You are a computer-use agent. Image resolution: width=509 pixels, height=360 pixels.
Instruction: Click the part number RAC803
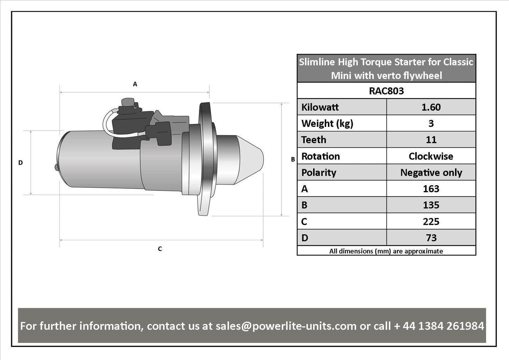(x=386, y=91)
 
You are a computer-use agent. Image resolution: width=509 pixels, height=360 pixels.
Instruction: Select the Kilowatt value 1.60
(x=431, y=107)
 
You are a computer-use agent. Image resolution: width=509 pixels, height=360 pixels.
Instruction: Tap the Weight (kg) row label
(x=327, y=124)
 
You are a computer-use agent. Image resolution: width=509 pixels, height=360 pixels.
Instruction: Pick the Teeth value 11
(x=431, y=140)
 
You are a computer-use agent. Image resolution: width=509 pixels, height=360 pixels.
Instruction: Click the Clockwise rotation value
(x=431, y=156)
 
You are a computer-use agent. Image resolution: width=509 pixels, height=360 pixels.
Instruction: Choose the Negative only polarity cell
(x=431, y=173)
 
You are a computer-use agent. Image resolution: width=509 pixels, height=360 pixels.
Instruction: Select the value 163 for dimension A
(x=431, y=189)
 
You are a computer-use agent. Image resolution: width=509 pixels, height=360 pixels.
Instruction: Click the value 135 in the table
(x=431, y=205)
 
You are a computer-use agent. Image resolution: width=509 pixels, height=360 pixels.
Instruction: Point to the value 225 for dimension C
(x=431, y=222)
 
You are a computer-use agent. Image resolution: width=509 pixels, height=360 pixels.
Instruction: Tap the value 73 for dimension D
(x=431, y=238)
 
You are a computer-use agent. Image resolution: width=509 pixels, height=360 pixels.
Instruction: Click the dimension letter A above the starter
(x=135, y=84)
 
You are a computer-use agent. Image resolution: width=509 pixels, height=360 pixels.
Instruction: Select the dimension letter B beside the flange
(x=293, y=160)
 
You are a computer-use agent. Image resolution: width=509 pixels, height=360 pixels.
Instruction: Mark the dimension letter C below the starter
(x=160, y=249)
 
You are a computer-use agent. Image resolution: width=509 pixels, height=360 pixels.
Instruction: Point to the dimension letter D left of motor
(x=20, y=163)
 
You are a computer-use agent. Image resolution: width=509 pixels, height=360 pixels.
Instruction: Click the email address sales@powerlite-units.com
(x=286, y=326)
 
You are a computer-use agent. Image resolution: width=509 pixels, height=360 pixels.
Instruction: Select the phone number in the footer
(x=439, y=326)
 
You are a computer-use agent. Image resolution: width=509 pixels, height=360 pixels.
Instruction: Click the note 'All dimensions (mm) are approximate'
(x=386, y=251)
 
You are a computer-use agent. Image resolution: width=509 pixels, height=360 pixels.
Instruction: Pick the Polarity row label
(x=319, y=173)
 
